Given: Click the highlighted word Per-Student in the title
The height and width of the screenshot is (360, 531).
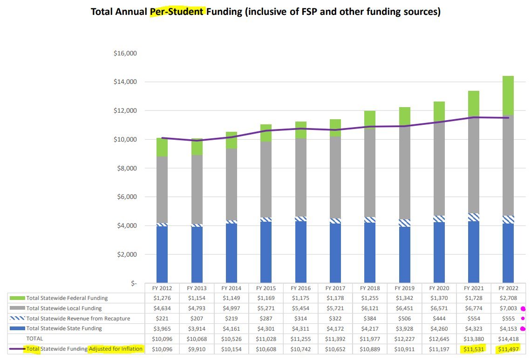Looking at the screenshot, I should coord(177,12).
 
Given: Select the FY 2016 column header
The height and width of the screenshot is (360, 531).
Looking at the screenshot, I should coord(300,288).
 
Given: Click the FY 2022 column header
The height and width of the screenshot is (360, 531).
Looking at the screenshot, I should coord(509,288).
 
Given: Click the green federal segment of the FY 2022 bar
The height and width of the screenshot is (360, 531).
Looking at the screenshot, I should coord(509,95).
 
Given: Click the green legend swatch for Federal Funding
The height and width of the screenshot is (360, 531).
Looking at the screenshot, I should coord(17,298).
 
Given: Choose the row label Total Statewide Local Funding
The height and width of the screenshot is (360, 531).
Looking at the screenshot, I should coord(64,308).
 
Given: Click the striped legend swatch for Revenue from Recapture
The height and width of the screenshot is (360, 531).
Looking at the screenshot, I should coord(17,319).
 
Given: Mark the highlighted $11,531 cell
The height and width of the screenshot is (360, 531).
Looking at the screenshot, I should coord(474,349).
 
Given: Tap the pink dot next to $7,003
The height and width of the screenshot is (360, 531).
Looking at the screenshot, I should coord(523,308).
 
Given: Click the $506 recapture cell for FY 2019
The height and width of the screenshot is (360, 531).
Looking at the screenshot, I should coord(404,319).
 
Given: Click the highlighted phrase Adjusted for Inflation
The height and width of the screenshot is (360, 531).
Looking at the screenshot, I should coord(116,349).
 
